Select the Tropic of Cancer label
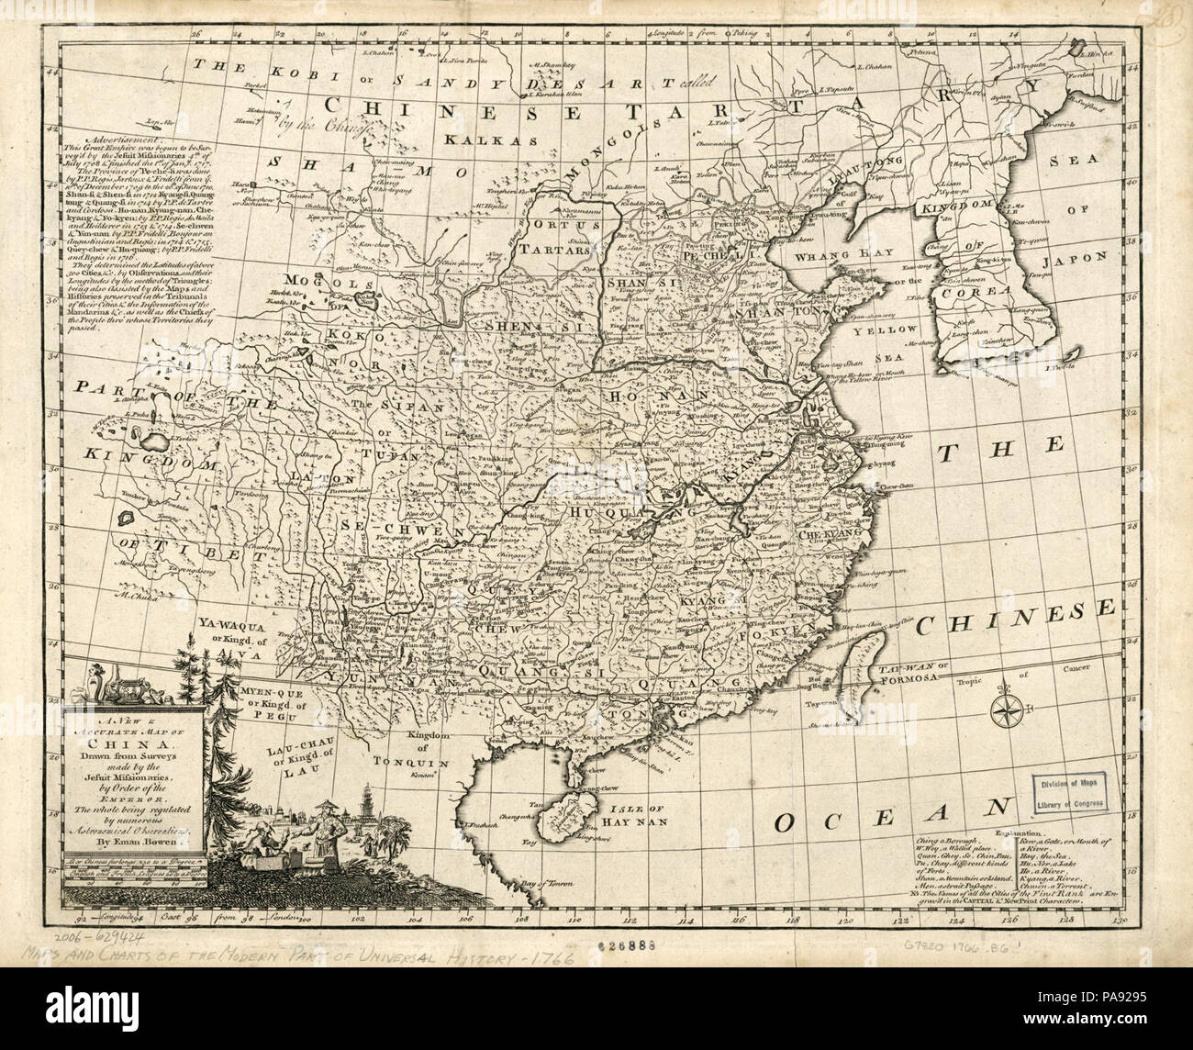coord(1037,682)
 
